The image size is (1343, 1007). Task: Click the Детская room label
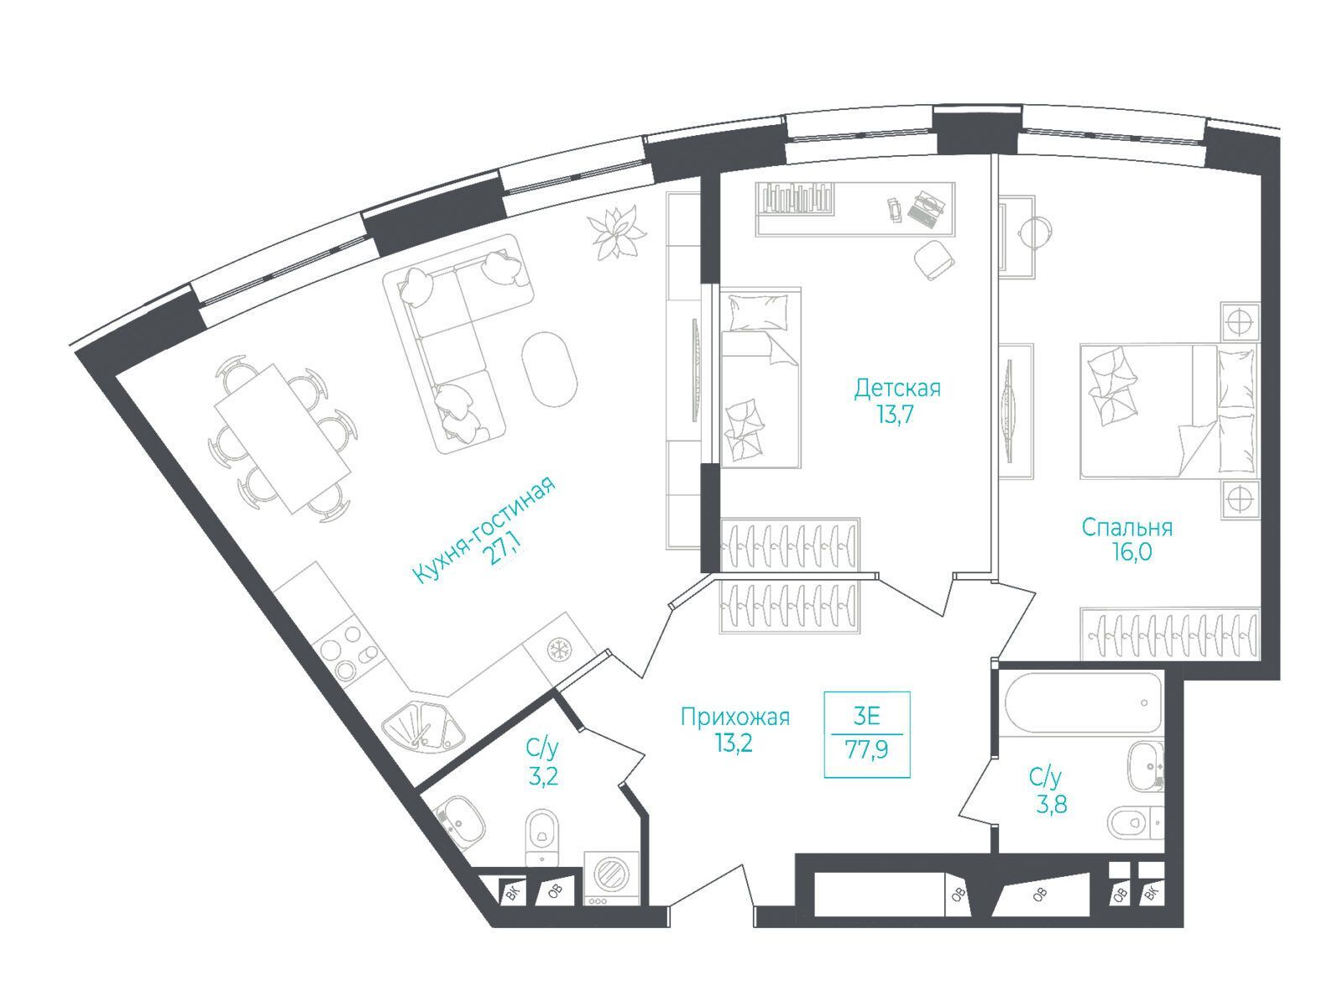pos(897,388)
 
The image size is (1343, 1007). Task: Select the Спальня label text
pos(1126,527)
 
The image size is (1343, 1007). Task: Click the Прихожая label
pos(734,717)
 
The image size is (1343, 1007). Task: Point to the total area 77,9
pos(866,749)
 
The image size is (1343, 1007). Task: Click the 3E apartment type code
pos(866,716)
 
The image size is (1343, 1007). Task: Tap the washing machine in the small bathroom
pos(612,878)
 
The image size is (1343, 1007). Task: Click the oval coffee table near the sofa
pos(550,368)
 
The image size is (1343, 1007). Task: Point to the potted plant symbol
pos(615,233)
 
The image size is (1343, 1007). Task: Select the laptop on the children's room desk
pos(925,208)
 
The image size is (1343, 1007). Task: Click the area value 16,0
pos(1129,553)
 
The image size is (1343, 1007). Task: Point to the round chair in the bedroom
pos(1035,232)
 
